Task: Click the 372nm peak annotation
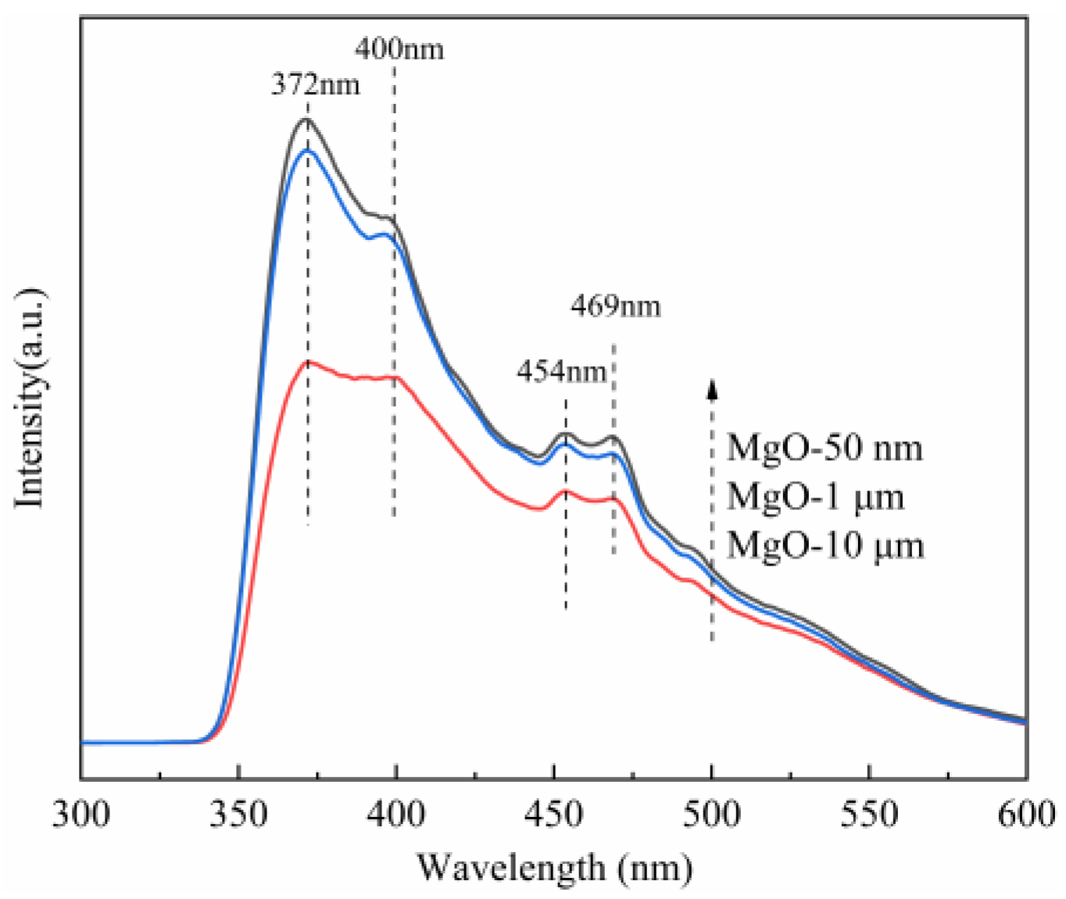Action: click(x=316, y=84)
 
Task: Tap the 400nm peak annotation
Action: click(x=399, y=48)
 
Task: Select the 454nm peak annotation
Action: click(x=561, y=371)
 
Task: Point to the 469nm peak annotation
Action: click(x=615, y=305)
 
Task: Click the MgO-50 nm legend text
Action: click(x=825, y=448)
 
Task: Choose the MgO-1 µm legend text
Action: click(x=815, y=497)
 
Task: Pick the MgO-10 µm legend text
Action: click(x=825, y=545)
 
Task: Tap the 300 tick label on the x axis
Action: click(x=81, y=815)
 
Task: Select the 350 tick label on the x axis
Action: click(x=239, y=815)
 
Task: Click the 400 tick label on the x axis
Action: click(x=396, y=815)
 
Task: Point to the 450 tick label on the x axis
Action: click(x=554, y=815)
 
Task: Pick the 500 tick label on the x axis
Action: click(x=711, y=815)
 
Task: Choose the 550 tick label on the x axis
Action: click(x=869, y=815)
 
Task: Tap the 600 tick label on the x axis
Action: click(x=1025, y=815)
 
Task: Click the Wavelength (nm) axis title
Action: click(x=554, y=868)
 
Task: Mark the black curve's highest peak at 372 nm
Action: click(x=306, y=120)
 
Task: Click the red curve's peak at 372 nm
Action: click(x=309, y=362)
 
